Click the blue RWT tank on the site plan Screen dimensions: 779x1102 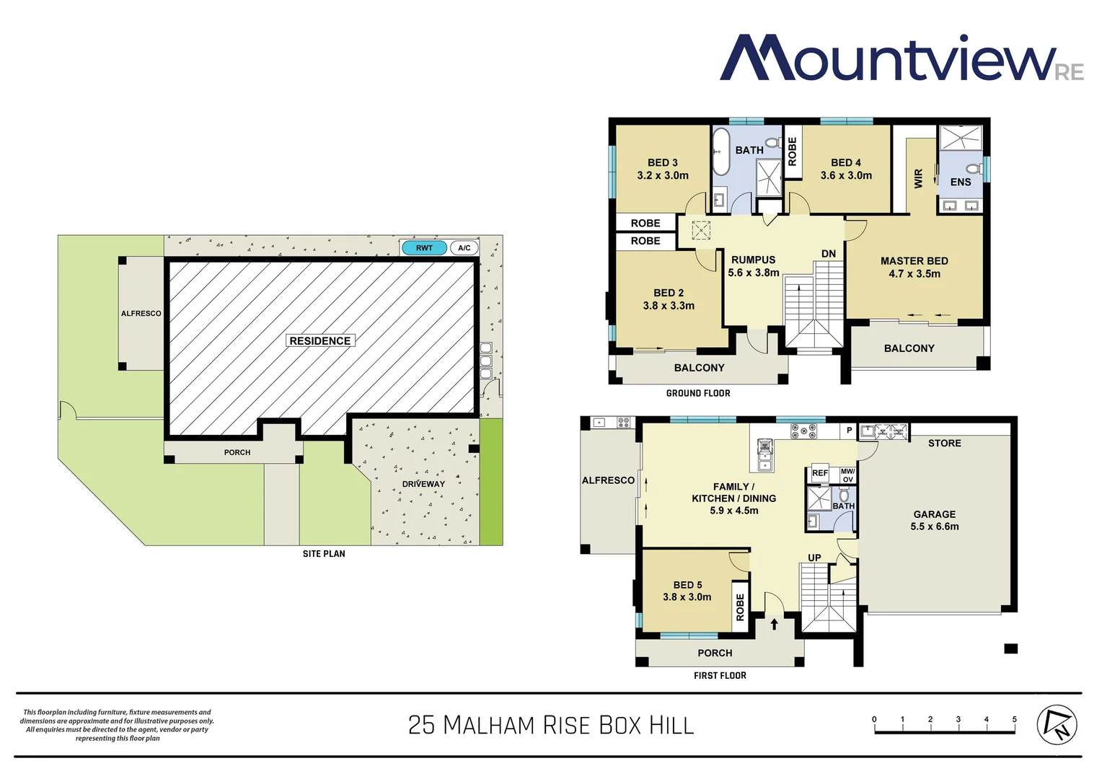pos(424,248)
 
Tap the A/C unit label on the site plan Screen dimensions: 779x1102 pos(464,248)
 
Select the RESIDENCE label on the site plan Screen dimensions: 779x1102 pos(320,340)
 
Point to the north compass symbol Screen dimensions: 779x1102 pos(1057,724)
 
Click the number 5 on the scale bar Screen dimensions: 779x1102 pos(1014,719)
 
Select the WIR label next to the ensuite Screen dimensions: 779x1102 pos(918,178)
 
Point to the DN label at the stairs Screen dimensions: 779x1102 pos(829,254)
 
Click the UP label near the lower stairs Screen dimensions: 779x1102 pos(814,558)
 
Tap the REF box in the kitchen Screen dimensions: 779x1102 pos(820,473)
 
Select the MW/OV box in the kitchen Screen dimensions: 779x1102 pos(847,475)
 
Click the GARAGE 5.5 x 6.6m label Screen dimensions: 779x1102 pos(935,520)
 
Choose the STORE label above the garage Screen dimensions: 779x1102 pos(944,444)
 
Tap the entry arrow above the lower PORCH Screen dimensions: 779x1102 pos(775,624)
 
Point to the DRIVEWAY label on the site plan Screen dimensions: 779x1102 pos(423,484)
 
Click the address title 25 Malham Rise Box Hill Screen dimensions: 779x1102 pos(551,725)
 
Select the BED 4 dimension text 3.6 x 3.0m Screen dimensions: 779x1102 pos(846,175)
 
